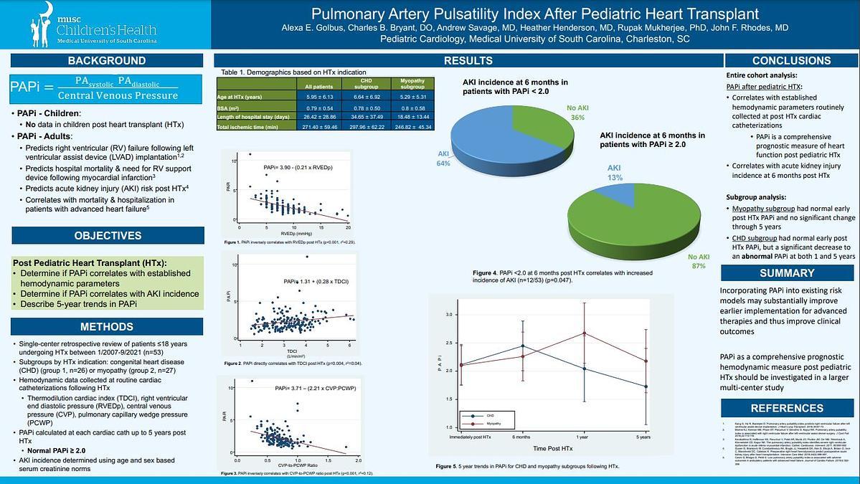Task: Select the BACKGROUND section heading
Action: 107,60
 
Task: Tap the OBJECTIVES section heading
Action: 108,235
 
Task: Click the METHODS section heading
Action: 106,327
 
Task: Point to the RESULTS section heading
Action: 468,61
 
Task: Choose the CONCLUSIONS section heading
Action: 791,61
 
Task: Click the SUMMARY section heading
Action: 786,273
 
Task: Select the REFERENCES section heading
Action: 786,408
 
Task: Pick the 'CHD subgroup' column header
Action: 366,85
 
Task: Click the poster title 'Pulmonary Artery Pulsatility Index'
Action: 549,13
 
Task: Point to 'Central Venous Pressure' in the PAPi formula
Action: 118,95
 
